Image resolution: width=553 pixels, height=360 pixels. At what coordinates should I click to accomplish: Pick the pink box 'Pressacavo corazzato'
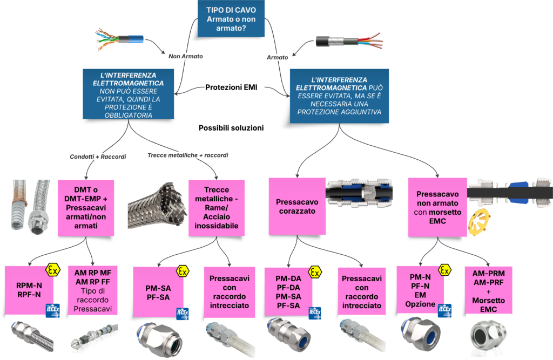[x=296, y=207]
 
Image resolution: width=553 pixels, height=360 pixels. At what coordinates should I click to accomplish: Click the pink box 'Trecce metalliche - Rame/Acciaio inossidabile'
[x=216, y=207]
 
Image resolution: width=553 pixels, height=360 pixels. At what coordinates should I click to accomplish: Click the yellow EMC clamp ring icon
[x=478, y=223]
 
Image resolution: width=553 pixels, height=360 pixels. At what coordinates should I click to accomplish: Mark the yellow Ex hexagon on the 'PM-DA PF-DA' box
[x=314, y=271]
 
